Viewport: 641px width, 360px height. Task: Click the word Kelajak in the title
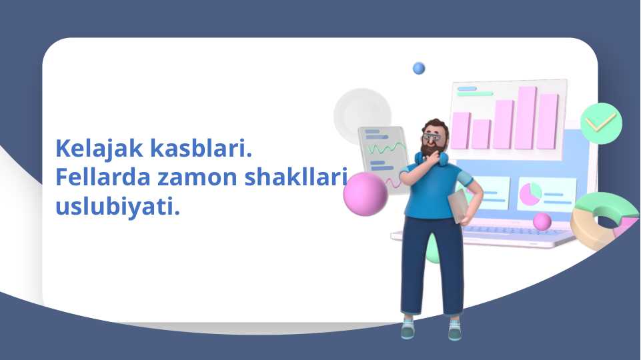[99, 148]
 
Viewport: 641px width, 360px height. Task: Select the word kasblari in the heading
[201, 147]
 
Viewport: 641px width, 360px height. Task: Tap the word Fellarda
[103, 177]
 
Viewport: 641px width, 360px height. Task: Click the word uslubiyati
[118, 207]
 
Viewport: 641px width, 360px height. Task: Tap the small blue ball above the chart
[419, 68]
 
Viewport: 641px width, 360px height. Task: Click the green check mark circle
[601, 123]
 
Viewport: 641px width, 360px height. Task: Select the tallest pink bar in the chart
[526, 118]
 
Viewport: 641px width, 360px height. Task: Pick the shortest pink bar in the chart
[481, 134]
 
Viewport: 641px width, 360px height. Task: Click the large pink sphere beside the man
[365, 194]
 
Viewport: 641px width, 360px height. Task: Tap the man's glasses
[432, 137]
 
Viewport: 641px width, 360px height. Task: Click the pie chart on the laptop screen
[530, 194]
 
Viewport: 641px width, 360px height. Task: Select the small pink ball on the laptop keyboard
[542, 221]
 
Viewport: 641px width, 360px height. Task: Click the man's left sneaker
[455, 329]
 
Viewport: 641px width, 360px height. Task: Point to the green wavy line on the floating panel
[386, 149]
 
